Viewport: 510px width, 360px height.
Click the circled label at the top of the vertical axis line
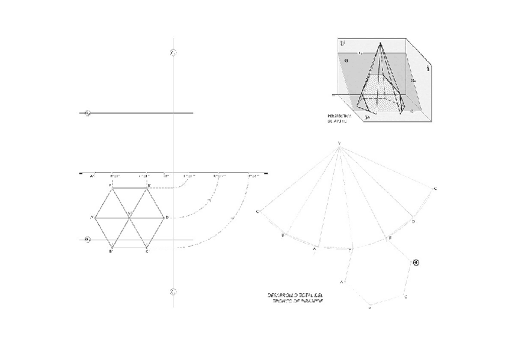coord(173,53)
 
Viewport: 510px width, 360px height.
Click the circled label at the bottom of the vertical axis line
coord(173,293)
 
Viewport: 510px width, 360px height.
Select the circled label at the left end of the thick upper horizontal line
coord(87,113)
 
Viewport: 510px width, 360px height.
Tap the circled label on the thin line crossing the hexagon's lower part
coord(87,240)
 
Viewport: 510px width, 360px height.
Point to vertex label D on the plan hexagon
coord(167,216)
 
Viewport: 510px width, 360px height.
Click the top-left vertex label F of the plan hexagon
coord(110,184)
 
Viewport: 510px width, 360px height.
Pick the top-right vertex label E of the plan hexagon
coord(149,184)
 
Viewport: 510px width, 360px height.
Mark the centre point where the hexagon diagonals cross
coord(129,216)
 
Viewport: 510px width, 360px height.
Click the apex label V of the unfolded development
coord(339,142)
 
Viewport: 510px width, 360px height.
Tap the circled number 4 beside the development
coord(415,262)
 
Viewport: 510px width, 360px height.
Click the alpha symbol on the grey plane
coord(347,60)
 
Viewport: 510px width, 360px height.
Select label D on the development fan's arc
coord(413,222)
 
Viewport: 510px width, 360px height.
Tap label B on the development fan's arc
coord(283,236)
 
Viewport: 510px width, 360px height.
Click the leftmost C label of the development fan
coord(257,212)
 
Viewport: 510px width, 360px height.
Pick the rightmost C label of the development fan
coord(435,189)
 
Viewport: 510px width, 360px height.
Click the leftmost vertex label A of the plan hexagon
coord(91,216)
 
